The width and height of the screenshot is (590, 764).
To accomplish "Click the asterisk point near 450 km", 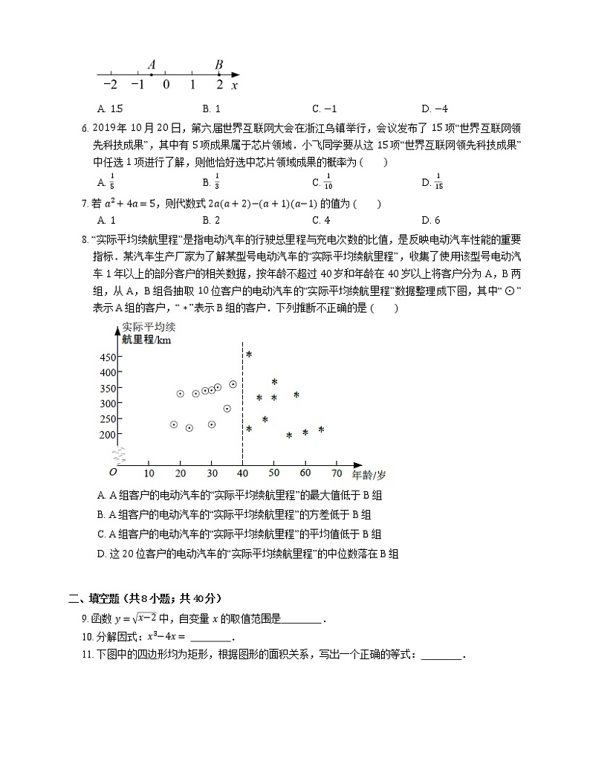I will point(249,355).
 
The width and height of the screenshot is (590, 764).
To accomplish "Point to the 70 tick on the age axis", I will point(336,473).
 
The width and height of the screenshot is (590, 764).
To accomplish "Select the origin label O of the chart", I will point(113,472).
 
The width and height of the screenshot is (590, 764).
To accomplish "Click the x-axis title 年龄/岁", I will point(369,474).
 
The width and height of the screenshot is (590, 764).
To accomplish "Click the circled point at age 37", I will point(233,384).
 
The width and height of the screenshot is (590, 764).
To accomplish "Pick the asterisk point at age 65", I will point(321,430).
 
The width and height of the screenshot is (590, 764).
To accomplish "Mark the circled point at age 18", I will point(174,424).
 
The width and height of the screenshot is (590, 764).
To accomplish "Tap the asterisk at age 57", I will point(296,395).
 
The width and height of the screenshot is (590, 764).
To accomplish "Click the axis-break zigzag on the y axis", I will point(117,454).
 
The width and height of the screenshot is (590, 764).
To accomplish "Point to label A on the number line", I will point(151,65).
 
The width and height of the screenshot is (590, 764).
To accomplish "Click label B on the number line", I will point(218,65).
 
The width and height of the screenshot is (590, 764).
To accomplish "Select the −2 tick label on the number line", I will point(110,85).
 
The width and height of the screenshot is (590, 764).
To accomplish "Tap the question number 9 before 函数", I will point(85,618).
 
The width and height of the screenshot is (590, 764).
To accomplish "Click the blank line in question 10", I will point(212,638).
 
